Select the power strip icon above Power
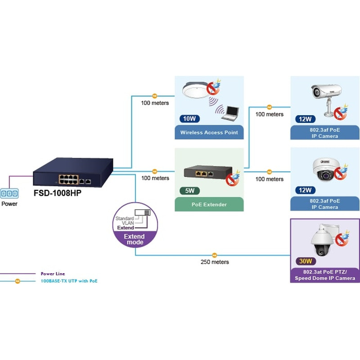point(9,193)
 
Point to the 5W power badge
point(189,190)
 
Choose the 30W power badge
point(305,261)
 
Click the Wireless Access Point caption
point(209,132)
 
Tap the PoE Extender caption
point(209,204)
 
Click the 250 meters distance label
point(215,262)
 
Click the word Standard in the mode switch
point(124,218)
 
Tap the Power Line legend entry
point(54,273)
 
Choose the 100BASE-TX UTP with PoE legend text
point(69,281)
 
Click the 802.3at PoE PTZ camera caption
point(325,275)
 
